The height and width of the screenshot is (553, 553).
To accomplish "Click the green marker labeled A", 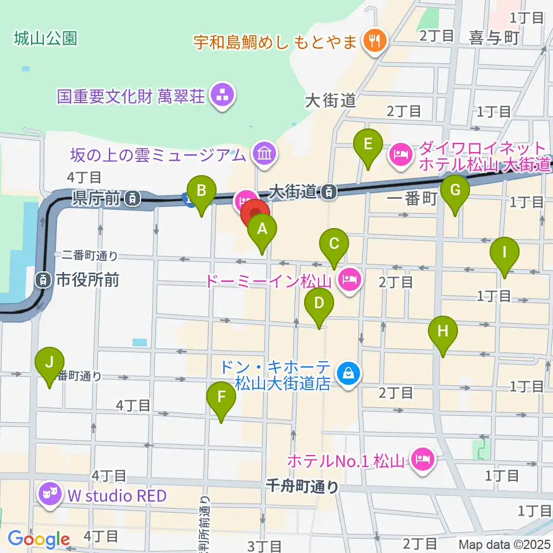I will (x=262, y=230).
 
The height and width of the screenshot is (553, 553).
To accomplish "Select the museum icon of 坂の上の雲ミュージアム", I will (x=264, y=154).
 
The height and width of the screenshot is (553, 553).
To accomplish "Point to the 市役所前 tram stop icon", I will (x=43, y=281).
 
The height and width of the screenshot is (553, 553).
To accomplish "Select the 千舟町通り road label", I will (x=302, y=487).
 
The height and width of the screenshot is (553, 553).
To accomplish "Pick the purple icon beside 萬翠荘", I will (x=221, y=96).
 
